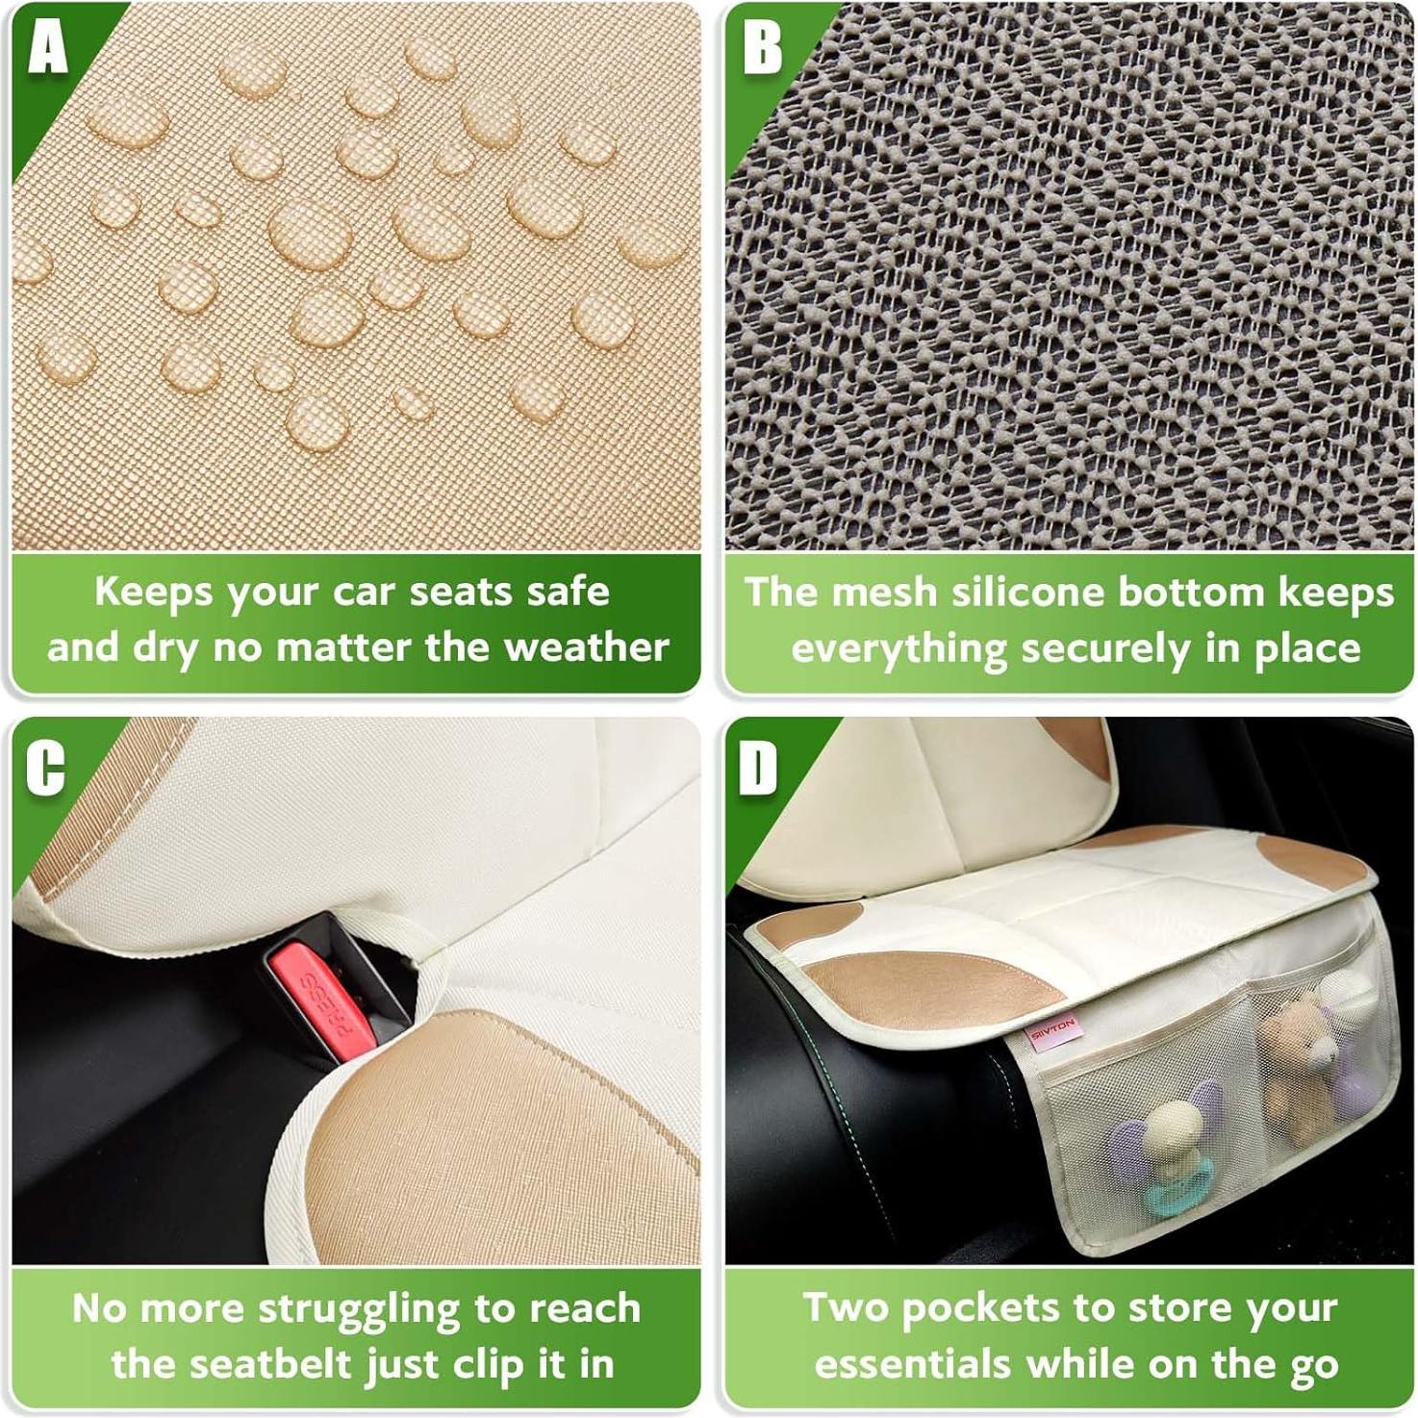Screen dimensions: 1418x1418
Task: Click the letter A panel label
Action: (x=47, y=45)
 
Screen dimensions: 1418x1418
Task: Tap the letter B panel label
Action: (x=762, y=46)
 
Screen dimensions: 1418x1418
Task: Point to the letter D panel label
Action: (x=758, y=769)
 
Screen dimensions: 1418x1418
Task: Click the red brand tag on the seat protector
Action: (x=1053, y=1030)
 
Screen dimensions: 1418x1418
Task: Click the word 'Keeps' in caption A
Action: (x=152, y=592)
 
